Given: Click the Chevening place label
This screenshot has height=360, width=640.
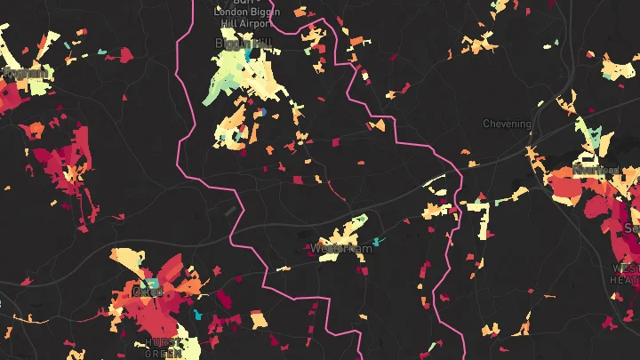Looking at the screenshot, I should [507, 124].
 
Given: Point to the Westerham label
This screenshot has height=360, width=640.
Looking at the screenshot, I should [341, 248].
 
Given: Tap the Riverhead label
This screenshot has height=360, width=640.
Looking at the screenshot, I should [595, 169].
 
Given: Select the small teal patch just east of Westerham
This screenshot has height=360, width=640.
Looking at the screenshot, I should [377, 241].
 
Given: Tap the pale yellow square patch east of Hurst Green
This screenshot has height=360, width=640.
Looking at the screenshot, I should [259, 319].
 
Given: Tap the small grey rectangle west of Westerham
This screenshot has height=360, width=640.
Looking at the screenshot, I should [232, 211].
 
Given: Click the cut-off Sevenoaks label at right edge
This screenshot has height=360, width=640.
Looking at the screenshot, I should [633, 228].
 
